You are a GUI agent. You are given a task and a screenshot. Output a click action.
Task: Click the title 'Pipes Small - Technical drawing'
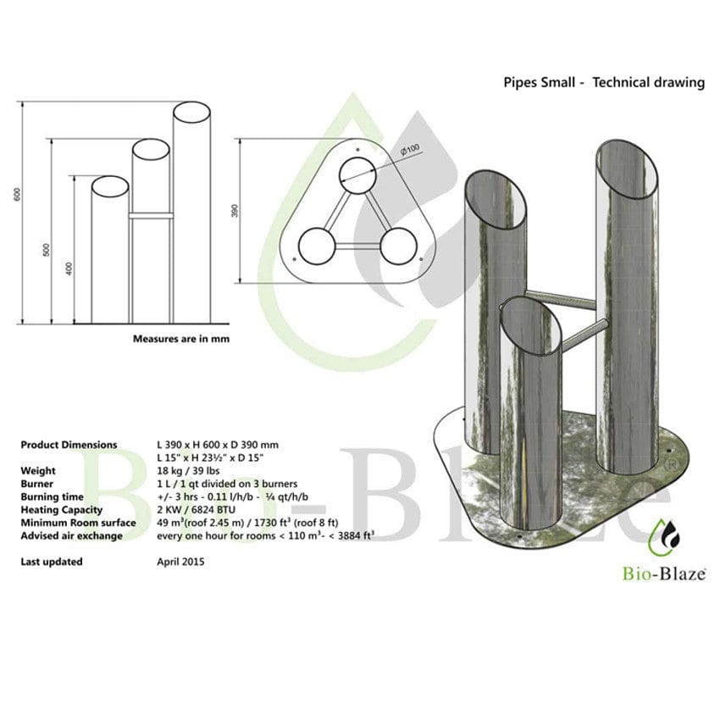tap(603, 82)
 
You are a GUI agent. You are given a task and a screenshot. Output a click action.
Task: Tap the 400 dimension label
tap(69, 269)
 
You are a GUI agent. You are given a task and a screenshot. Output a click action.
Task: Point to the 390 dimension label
tap(235, 209)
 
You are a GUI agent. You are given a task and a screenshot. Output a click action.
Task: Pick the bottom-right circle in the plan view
tap(398, 247)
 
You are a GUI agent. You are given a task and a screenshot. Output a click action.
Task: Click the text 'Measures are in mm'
tap(181, 338)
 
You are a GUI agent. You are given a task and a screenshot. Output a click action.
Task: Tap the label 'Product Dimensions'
tap(69, 444)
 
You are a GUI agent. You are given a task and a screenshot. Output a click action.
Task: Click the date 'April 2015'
tap(180, 561)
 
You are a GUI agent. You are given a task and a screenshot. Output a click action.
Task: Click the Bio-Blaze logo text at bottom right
tap(666, 575)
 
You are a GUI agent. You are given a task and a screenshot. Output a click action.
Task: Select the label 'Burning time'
tap(53, 496)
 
